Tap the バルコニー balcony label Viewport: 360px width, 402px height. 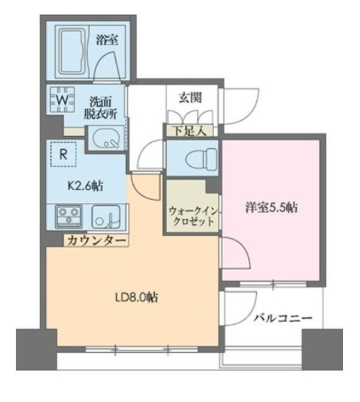tap(281, 317)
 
